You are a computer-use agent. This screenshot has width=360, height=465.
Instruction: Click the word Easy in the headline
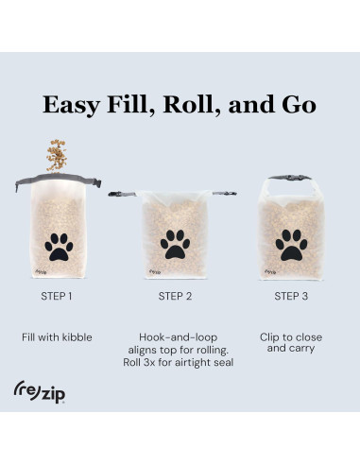(x=72, y=105)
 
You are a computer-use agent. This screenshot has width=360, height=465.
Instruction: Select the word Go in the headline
(x=299, y=105)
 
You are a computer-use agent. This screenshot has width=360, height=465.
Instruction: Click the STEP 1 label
(x=57, y=296)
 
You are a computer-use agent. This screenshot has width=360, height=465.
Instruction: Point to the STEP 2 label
(x=175, y=296)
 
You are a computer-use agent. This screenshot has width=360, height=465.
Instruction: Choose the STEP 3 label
(x=291, y=296)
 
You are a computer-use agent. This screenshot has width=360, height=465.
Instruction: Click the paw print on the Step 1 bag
(x=59, y=247)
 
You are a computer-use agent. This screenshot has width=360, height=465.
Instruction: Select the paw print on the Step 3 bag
(x=291, y=245)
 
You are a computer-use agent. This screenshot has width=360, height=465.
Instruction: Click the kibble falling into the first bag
(x=57, y=156)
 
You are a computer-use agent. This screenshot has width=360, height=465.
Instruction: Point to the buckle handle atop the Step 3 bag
(x=290, y=178)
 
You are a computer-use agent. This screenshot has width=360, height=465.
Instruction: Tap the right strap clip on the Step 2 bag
(x=225, y=193)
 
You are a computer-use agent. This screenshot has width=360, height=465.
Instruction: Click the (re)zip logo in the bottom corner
(x=40, y=391)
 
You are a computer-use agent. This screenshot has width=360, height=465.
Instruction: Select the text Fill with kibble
(x=57, y=337)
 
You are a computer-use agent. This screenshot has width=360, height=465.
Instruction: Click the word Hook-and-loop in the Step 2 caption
(x=179, y=337)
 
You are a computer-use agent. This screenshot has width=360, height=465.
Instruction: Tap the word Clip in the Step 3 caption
(x=269, y=337)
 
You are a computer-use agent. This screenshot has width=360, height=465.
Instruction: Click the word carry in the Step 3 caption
(x=302, y=349)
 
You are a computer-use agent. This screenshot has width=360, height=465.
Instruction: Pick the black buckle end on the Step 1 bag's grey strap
(x=97, y=182)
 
